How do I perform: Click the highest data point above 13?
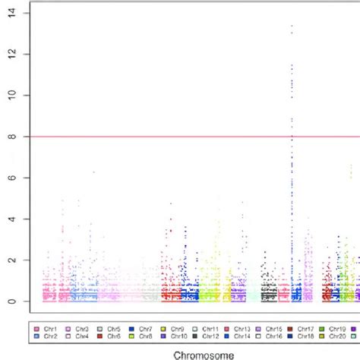[x=291, y=27]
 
